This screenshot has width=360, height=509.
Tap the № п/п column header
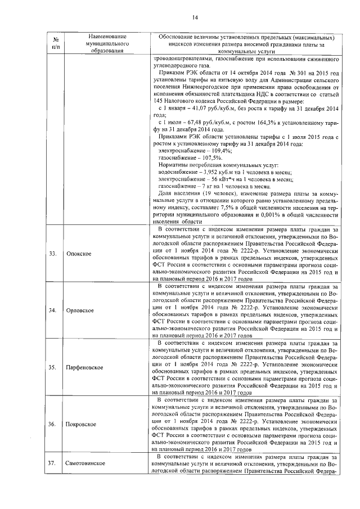coord(55,44)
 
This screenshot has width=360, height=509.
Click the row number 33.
coord(52,254)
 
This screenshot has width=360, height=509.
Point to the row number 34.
coord(52,310)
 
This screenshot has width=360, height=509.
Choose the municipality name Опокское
coord(79,254)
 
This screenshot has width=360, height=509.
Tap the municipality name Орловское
coord(80,310)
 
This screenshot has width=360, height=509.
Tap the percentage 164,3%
coord(259,122)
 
